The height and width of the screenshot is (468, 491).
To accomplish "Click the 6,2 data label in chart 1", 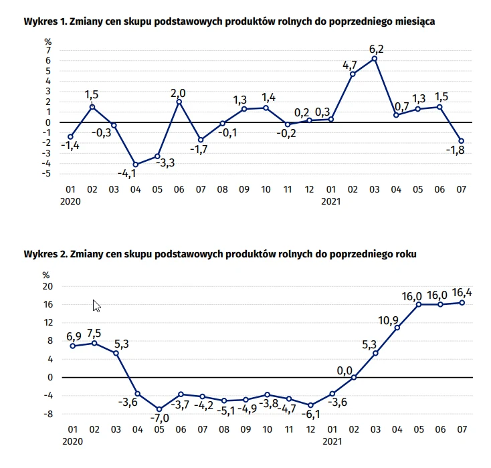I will (x=375, y=48).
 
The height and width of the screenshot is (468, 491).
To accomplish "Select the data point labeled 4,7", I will (x=353, y=74).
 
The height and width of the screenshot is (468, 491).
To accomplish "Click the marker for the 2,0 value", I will (x=179, y=102).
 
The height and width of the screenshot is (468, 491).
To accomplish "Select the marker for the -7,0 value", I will (x=159, y=409).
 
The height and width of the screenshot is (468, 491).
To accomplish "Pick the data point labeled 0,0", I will (x=354, y=377).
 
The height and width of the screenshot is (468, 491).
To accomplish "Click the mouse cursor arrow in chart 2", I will (x=96, y=306).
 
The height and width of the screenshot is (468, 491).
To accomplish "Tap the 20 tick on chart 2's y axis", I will (x=47, y=286).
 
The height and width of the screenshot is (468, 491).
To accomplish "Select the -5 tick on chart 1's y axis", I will (x=47, y=174).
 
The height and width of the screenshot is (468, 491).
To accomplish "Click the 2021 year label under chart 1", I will (x=330, y=200).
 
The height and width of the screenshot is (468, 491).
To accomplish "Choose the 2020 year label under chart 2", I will (x=70, y=442).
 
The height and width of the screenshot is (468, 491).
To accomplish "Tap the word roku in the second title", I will (x=407, y=255).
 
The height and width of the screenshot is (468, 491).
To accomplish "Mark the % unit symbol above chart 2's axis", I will (x=46, y=274).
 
